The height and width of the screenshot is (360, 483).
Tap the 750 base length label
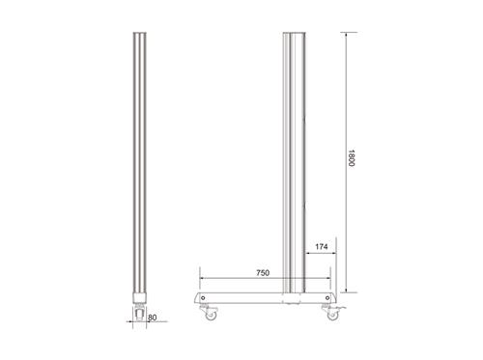point(262,274)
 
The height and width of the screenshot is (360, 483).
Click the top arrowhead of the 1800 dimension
point(345,32)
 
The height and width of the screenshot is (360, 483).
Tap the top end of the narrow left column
point(140,33)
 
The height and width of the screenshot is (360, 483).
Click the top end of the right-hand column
point(294,33)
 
